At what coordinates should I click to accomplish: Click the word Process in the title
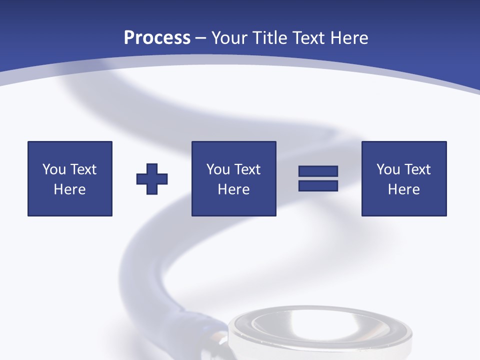[157, 38]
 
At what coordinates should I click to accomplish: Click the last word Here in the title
[349, 38]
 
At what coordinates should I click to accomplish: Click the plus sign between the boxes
[152, 179]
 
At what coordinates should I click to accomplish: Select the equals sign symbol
[318, 178]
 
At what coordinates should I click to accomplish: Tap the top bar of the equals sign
[318, 171]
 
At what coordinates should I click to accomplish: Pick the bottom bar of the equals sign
[318, 185]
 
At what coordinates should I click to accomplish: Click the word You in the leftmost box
[54, 169]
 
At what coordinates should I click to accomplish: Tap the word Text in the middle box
[247, 169]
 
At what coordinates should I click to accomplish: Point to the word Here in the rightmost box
[404, 189]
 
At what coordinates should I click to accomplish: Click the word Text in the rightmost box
[417, 169]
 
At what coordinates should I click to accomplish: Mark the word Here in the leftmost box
[70, 189]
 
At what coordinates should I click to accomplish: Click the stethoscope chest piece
[320, 332]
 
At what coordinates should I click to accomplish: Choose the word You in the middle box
[218, 169]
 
